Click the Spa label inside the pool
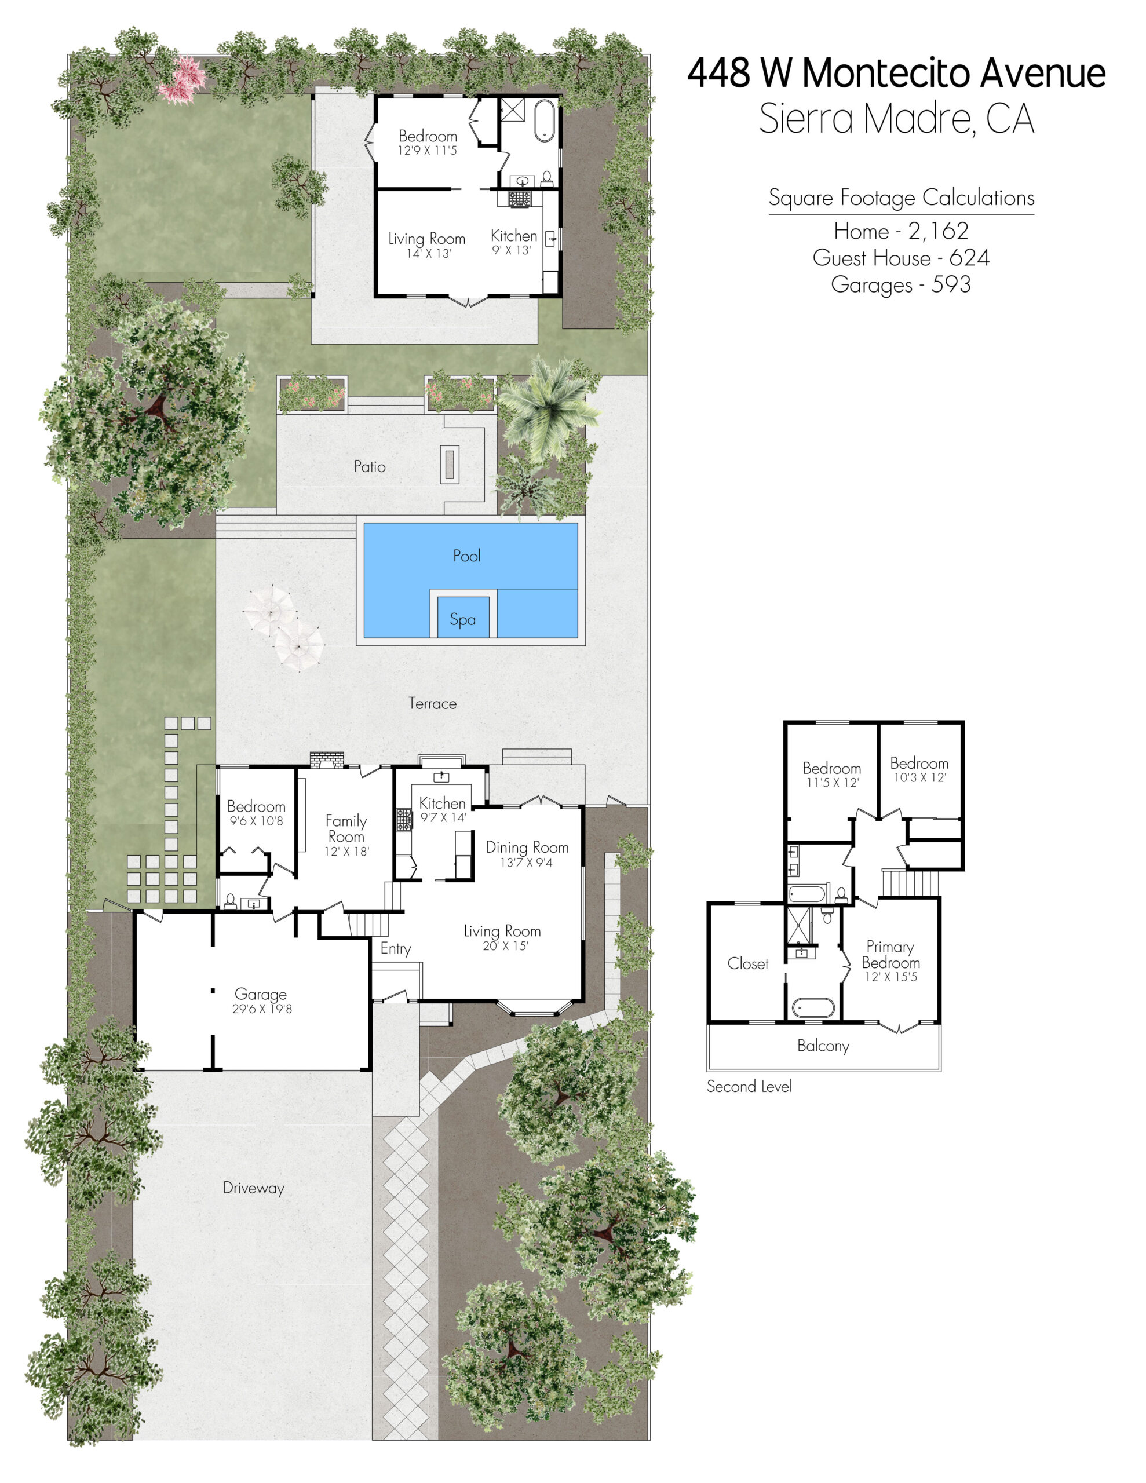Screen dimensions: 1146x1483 462,619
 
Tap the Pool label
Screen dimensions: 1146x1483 467,556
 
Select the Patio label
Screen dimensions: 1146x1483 370,466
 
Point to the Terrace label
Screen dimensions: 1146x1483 432,703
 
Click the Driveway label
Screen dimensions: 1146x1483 253,1188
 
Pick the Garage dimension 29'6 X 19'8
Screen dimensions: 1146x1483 261,1009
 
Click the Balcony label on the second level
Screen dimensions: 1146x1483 823,1046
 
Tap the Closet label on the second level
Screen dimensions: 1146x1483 747,963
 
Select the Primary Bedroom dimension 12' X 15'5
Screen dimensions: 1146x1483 890,977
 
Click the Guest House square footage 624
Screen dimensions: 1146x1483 969,258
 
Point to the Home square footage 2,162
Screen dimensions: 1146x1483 938,231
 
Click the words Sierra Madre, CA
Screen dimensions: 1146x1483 897,118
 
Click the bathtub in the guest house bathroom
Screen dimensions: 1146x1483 545,120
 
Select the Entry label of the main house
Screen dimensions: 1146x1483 395,949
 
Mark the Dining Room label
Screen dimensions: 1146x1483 527,848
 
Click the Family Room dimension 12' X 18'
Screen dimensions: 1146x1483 346,852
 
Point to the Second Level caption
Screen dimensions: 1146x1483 749,1086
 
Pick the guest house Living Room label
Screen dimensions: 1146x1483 426,239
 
